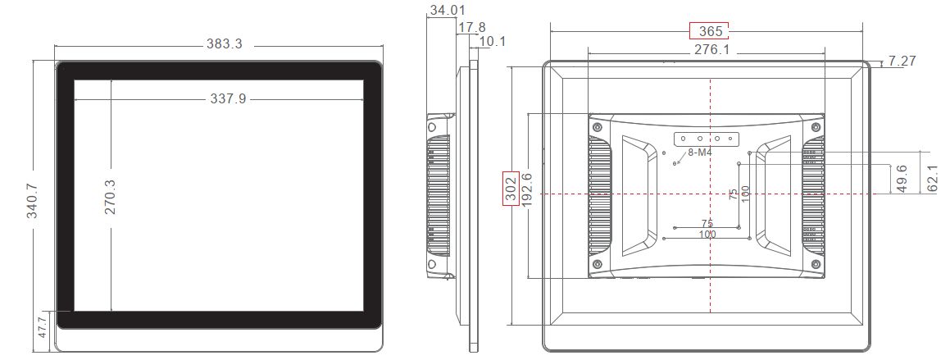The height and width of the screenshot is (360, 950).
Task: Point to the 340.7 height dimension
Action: coord(33,200)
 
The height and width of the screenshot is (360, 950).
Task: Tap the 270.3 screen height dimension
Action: coord(110,198)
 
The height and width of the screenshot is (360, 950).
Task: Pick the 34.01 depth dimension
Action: coord(448,11)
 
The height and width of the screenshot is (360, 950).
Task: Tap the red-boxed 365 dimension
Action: coord(709,31)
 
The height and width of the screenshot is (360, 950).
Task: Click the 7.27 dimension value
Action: coord(902,62)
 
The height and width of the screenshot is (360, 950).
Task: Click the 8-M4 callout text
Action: coord(699,153)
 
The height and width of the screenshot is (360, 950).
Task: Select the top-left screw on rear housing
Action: coord(597,127)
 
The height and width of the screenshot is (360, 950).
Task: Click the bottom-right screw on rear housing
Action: coord(816,264)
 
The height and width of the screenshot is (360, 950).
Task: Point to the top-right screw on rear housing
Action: coord(816,127)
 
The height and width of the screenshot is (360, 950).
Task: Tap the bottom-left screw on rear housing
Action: coord(597,264)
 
